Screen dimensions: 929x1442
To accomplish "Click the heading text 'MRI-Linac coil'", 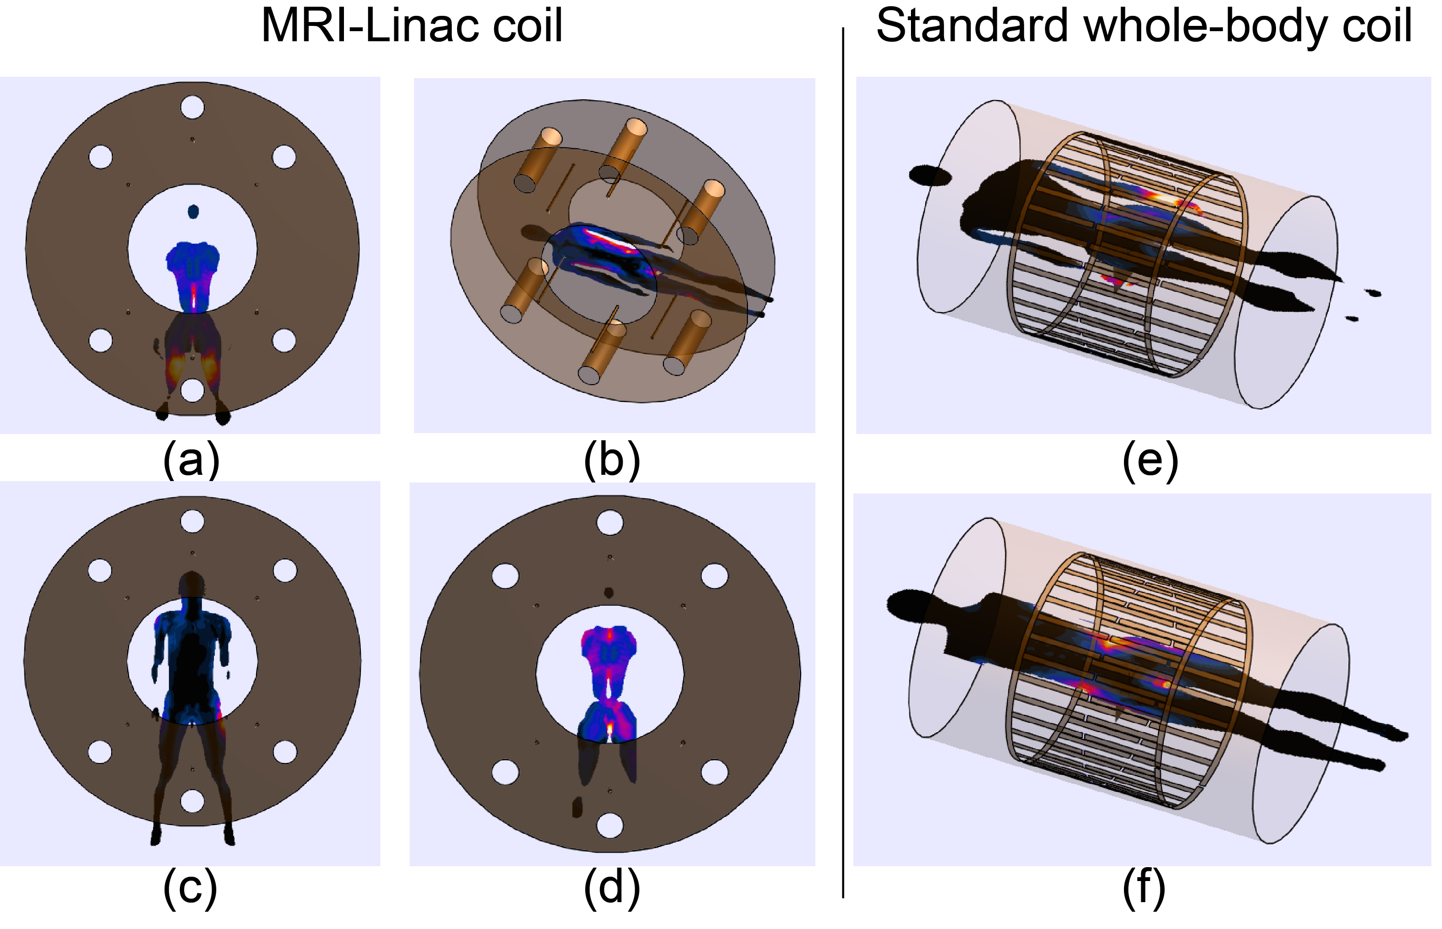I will pos(412,25).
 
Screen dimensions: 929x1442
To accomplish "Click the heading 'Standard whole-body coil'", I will pos(1143,25).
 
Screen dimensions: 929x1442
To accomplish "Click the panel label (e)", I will pos(1149,461).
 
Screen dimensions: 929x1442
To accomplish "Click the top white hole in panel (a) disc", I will pos(192,107).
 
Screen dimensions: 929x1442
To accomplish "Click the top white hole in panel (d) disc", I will pos(609,522).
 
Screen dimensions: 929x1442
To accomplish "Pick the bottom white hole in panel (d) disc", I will pos(609,825).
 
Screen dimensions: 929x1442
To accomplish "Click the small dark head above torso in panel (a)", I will pos(193,212).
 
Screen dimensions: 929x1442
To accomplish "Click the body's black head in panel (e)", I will pos(930,176).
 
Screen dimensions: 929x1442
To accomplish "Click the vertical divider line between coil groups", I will pos(843,459).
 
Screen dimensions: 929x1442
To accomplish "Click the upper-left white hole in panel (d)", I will pos(505,576).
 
